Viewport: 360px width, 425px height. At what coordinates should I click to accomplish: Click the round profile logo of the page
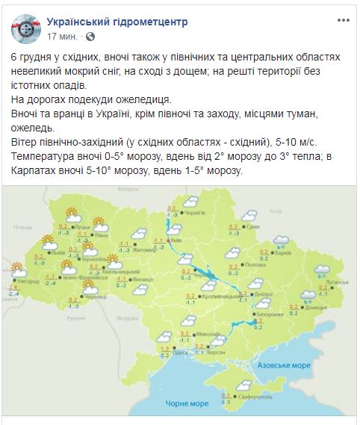tap(25, 29)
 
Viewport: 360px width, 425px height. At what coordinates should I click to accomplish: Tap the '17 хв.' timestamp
tap(63, 36)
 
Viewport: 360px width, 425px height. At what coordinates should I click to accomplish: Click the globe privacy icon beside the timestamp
tap(90, 36)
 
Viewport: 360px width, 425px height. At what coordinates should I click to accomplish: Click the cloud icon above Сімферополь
tap(243, 385)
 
